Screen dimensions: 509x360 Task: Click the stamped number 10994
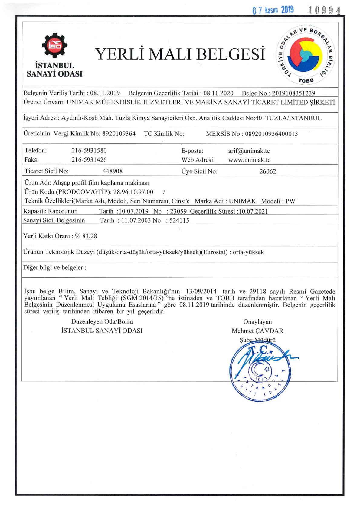[324, 11]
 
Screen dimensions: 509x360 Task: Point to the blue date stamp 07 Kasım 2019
[273, 10]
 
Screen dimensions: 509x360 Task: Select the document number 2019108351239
[293, 93]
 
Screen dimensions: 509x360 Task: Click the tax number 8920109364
[119, 134]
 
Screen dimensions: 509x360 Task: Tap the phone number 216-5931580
[89, 151]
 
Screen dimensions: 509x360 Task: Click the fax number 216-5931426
[89, 160]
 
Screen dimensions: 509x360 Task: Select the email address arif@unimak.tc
[249, 151]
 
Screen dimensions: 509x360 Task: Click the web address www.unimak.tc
[249, 160]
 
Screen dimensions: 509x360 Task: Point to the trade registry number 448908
[113, 171]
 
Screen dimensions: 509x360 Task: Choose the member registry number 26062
[268, 171]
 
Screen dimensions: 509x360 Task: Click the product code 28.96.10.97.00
[133, 192]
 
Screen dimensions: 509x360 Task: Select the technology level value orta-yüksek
[248, 252]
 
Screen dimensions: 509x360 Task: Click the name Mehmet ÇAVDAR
[257, 331]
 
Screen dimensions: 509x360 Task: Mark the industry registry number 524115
[179, 220]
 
